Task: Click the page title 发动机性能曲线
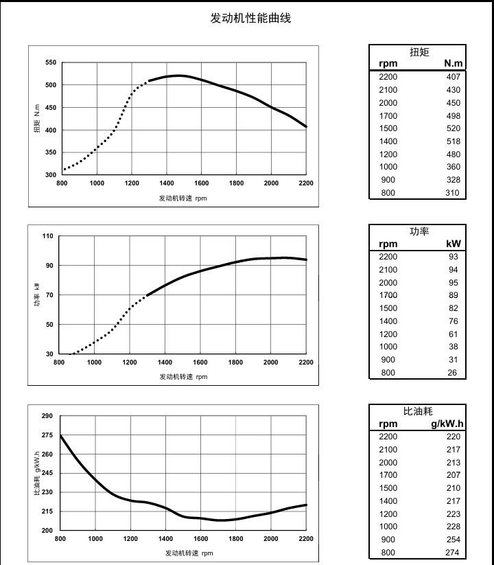(x=250, y=19)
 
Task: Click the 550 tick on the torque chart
(x=50, y=62)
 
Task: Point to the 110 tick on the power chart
(x=47, y=236)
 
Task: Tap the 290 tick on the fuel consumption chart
(x=47, y=416)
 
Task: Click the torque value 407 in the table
(x=453, y=77)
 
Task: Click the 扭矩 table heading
(x=419, y=51)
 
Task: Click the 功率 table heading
(x=419, y=231)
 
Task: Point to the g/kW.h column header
(x=447, y=424)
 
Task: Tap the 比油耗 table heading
(x=419, y=411)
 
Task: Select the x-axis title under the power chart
(x=183, y=377)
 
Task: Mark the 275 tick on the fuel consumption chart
(x=47, y=435)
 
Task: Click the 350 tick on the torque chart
(x=50, y=152)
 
